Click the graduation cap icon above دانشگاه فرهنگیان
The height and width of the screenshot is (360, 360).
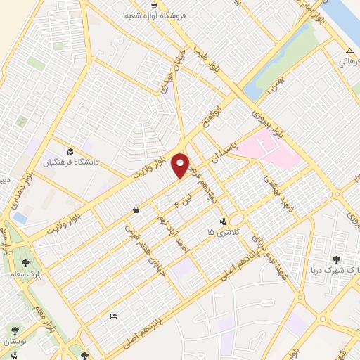click(x=70, y=152)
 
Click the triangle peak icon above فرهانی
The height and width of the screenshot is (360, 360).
click(x=349, y=51)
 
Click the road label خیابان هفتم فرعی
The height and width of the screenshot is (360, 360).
click(x=131, y=244)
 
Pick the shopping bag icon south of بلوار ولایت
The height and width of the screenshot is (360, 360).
click(x=135, y=210)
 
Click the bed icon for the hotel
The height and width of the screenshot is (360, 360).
click(x=114, y=317)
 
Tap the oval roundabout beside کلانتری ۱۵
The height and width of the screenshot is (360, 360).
click(x=236, y=220)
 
